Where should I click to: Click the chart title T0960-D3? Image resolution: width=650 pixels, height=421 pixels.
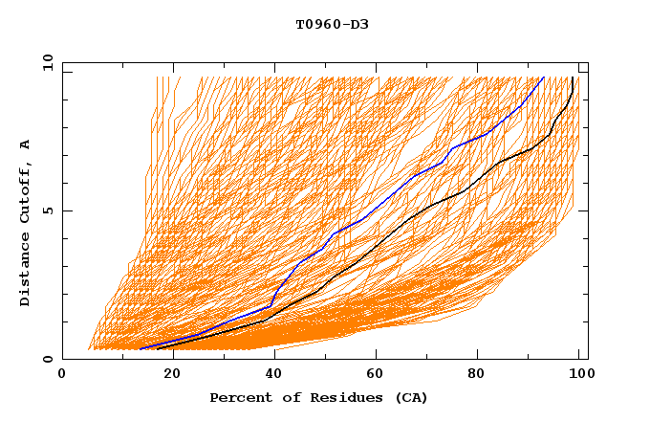333,24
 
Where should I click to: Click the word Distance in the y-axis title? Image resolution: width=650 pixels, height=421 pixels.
26,272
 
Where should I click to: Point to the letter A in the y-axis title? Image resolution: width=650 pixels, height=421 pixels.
26,144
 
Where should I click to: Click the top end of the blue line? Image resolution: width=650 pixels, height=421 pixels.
543,78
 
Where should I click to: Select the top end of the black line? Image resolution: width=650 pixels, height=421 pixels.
572,78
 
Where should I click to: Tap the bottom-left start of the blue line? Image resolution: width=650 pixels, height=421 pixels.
141,348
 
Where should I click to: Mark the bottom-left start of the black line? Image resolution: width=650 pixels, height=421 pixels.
157,348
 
